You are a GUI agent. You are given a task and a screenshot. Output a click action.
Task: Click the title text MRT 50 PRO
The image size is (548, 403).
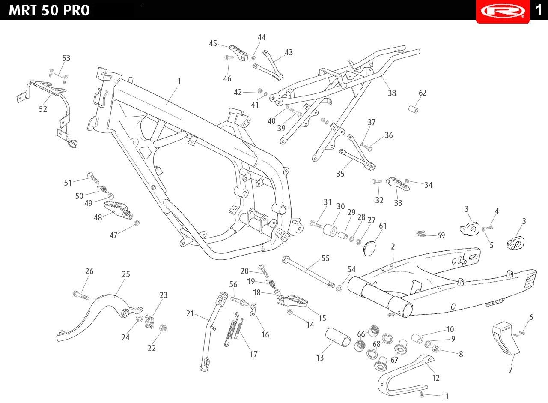coord(49,11)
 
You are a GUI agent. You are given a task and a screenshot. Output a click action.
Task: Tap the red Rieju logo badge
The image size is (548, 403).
coord(503,11)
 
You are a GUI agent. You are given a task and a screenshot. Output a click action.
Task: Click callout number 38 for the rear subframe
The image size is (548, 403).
coord(392,93)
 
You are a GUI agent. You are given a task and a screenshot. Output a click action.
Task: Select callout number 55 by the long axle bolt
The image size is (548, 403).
coord(325,258)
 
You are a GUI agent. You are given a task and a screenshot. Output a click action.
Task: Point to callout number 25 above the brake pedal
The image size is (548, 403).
coord(126,274)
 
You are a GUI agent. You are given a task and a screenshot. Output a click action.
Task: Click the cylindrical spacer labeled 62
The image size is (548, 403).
coord(414,109)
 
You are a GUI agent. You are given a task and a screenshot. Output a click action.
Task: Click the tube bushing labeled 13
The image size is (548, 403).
coord(338,337)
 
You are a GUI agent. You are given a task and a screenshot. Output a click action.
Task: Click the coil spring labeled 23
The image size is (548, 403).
coord(149,321)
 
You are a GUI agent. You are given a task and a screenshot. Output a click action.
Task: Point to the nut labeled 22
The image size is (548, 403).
coord(163,328)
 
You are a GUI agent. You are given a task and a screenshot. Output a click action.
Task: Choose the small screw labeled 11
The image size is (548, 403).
coord(421,394)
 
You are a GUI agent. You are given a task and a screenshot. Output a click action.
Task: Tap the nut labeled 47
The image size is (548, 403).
coord(137,223)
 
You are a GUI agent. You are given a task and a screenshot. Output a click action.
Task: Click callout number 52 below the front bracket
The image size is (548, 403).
coord(43,109)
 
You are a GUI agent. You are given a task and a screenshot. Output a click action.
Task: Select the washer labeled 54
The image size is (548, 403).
coord(339,289)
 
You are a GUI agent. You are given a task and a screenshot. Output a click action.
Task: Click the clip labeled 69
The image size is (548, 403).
coord(421,234)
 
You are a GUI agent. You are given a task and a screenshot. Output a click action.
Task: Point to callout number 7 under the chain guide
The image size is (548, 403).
coord(511,370)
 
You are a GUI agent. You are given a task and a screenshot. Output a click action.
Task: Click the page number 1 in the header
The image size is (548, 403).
coord(539,10)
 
